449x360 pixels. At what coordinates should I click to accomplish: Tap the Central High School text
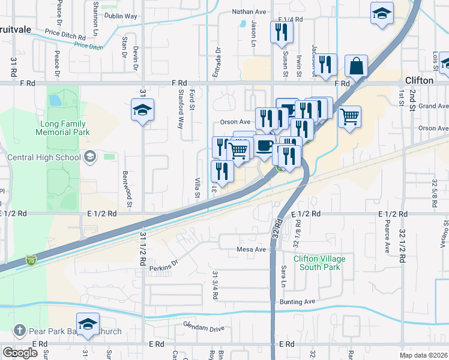44,158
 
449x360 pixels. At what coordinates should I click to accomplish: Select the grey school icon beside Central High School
90,158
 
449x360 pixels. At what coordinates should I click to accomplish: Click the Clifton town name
419,80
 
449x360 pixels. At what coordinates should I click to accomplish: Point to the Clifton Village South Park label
319,263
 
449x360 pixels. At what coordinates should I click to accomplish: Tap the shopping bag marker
357,67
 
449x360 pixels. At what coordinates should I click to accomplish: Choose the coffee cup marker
264,146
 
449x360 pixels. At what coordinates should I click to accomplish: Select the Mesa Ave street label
251,249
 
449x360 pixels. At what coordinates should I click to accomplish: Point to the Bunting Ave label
297,302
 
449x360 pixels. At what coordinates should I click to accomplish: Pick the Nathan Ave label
249,11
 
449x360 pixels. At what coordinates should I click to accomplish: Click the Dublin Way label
121,17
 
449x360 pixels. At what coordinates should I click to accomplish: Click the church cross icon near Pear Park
19,331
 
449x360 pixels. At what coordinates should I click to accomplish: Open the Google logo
20,353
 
